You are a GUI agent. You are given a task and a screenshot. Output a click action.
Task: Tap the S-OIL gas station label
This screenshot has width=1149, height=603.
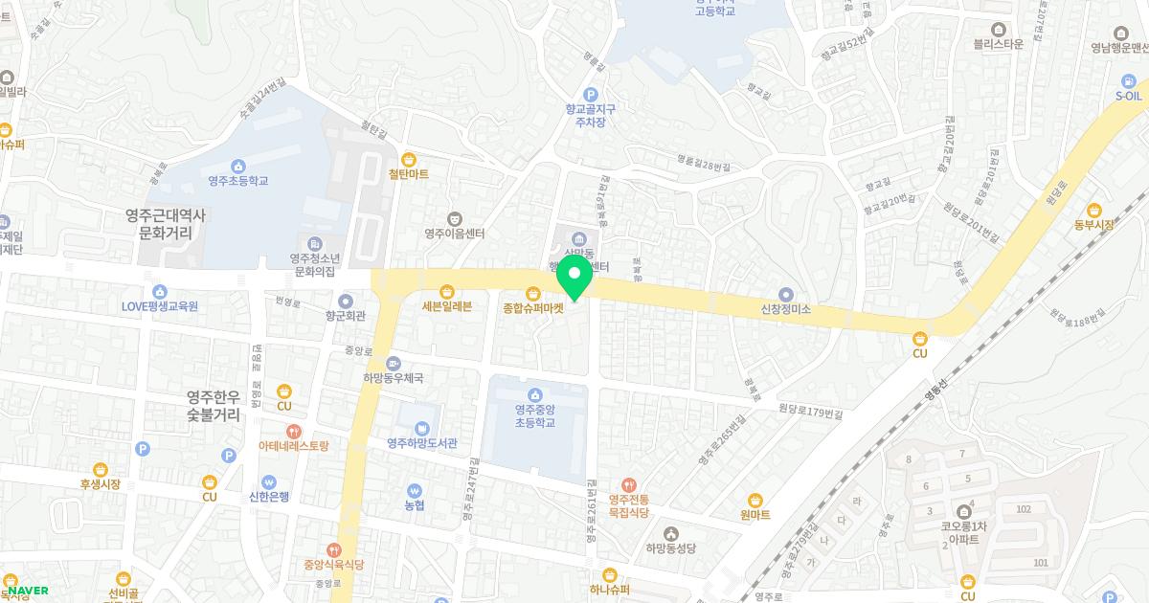point(1129,96)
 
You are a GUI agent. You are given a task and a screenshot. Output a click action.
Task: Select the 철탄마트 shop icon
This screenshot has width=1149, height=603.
point(409,159)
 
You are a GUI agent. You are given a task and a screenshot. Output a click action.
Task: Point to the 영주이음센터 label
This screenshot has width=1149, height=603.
point(455,233)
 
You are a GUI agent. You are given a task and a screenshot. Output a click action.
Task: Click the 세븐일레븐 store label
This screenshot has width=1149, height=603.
point(445,307)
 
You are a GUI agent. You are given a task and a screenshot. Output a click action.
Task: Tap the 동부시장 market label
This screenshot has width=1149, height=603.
point(1094,224)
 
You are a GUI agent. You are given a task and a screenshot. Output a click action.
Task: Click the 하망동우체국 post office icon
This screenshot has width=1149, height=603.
point(394,363)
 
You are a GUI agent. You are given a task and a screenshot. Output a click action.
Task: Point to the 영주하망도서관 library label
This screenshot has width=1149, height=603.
point(422,443)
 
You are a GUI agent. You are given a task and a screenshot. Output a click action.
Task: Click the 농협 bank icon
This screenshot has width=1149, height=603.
point(415,489)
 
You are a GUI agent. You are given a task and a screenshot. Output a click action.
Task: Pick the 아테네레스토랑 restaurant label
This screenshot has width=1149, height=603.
point(293,446)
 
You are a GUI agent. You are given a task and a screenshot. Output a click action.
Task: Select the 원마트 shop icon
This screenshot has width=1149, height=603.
point(755,499)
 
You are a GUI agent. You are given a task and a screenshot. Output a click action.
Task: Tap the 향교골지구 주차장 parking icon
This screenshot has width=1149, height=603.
point(590,94)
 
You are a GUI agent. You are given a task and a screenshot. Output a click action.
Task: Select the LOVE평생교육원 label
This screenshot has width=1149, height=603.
point(159,306)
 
